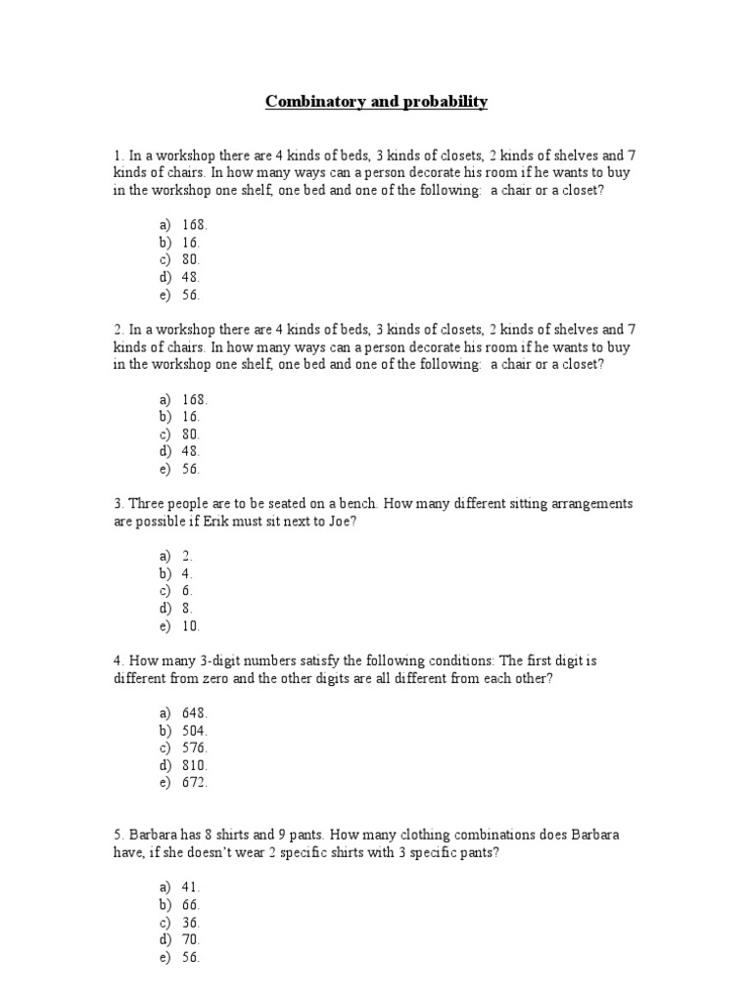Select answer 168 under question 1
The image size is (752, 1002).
point(194,225)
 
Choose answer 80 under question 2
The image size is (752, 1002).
point(191,433)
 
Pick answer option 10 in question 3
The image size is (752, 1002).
point(191,626)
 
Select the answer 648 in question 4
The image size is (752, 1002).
point(194,712)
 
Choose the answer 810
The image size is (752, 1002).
point(194,765)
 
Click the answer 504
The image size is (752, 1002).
point(194,730)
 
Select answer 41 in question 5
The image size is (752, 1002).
point(191,887)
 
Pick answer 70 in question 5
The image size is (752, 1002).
point(191,940)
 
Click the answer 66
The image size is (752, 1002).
point(191,905)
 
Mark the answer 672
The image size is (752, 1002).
point(194,783)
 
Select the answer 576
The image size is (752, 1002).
point(194,748)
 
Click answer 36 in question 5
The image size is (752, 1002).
point(191,923)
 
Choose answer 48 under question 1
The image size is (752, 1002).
point(191,278)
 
